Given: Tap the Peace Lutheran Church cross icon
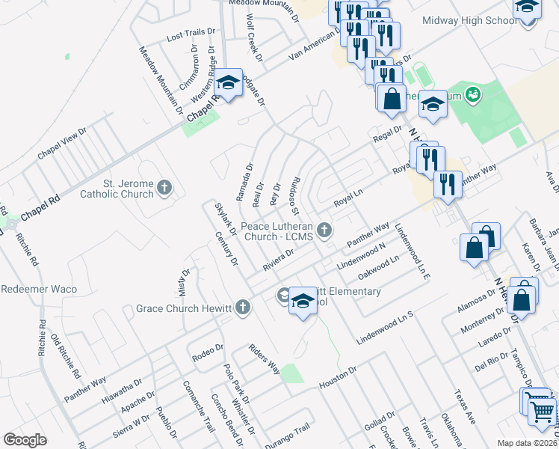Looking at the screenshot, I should point(324,230).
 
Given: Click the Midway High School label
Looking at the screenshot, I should point(469,20).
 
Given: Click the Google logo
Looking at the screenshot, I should point(25,440).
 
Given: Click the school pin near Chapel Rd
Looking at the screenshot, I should point(229,83).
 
